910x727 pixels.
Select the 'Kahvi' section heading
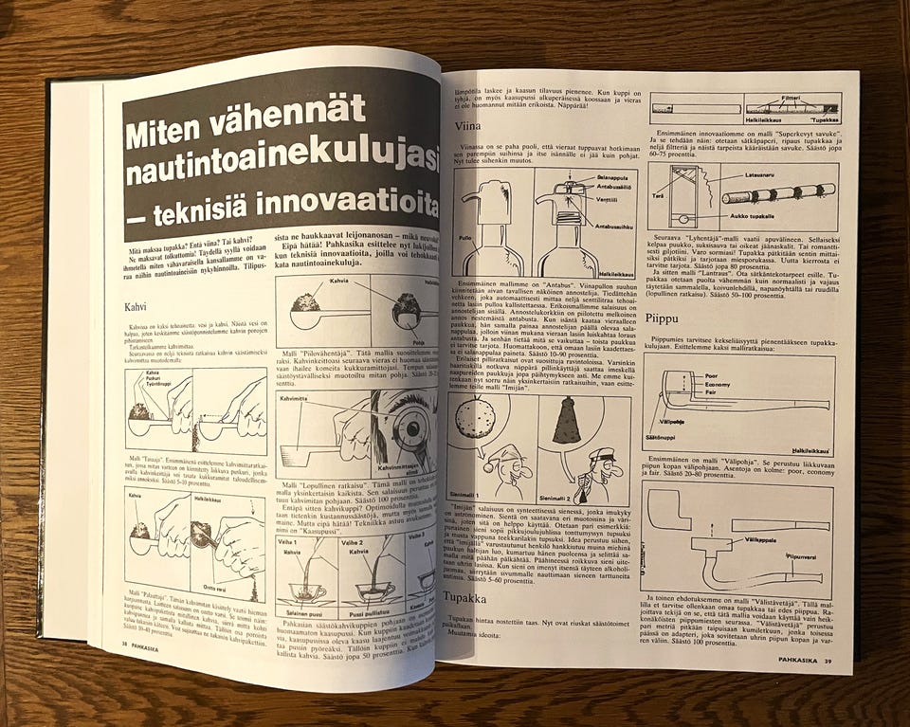click(x=138, y=308)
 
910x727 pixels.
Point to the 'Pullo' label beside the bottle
click(x=462, y=237)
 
